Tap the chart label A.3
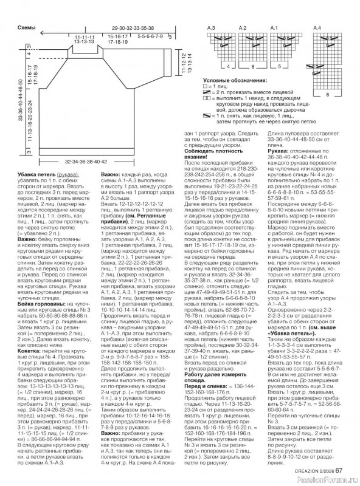(212, 29)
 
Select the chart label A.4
(317, 29)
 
